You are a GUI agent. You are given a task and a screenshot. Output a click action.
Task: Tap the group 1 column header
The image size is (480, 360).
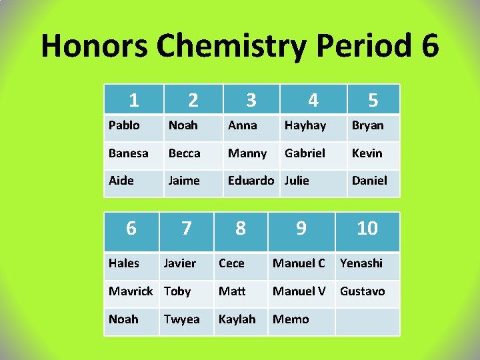(x=134, y=99)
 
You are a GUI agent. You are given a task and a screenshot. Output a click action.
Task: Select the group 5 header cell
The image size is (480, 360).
(x=373, y=100)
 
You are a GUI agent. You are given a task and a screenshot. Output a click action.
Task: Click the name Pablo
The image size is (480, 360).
(x=124, y=125)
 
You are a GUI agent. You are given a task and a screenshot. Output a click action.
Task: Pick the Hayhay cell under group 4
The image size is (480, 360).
(x=305, y=125)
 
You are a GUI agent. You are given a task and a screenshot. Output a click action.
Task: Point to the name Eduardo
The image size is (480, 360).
(x=251, y=181)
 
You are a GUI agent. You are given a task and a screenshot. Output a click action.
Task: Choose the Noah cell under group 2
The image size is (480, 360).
(x=183, y=125)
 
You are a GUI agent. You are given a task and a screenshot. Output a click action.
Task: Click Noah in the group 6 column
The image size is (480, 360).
(x=123, y=319)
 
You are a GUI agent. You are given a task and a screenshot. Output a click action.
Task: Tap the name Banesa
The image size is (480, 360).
(x=129, y=153)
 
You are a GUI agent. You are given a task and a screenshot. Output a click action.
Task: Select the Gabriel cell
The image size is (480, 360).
(x=305, y=153)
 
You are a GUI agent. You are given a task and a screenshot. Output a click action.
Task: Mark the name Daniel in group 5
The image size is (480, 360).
(x=369, y=181)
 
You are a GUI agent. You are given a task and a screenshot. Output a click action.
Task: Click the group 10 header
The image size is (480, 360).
(x=367, y=229)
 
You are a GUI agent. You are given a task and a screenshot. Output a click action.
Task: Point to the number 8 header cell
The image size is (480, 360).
(x=241, y=229)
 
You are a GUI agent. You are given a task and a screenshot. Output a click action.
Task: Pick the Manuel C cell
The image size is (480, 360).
(x=299, y=263)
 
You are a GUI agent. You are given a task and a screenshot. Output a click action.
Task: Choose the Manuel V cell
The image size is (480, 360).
(x=299, y=291)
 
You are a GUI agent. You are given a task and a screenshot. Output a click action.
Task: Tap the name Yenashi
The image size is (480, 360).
(x=361, y=263)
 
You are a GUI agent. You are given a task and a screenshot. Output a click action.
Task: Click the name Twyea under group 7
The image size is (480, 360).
(x=182, y=319)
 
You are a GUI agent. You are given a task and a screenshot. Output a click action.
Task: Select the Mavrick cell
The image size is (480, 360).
(x=131, y=291)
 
